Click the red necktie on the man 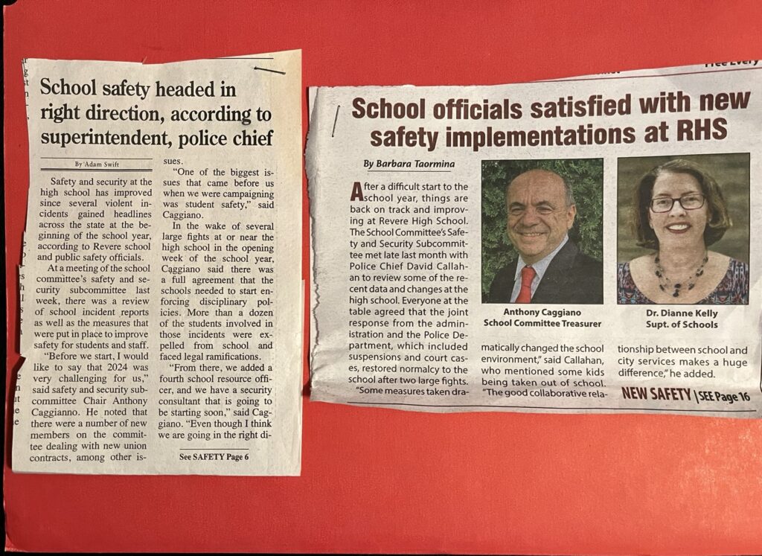pyautogui.click(x=525, y=284)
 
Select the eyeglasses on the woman pyautogui.click(x=677, y=202)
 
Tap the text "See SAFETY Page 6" pyautogui.click(x=214, y=456)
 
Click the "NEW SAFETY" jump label pyautogui.click(x=656, y=394)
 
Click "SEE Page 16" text pyautogui.click(x=723, y=396)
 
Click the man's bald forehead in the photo pyautogui.click(x=537, y=192)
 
